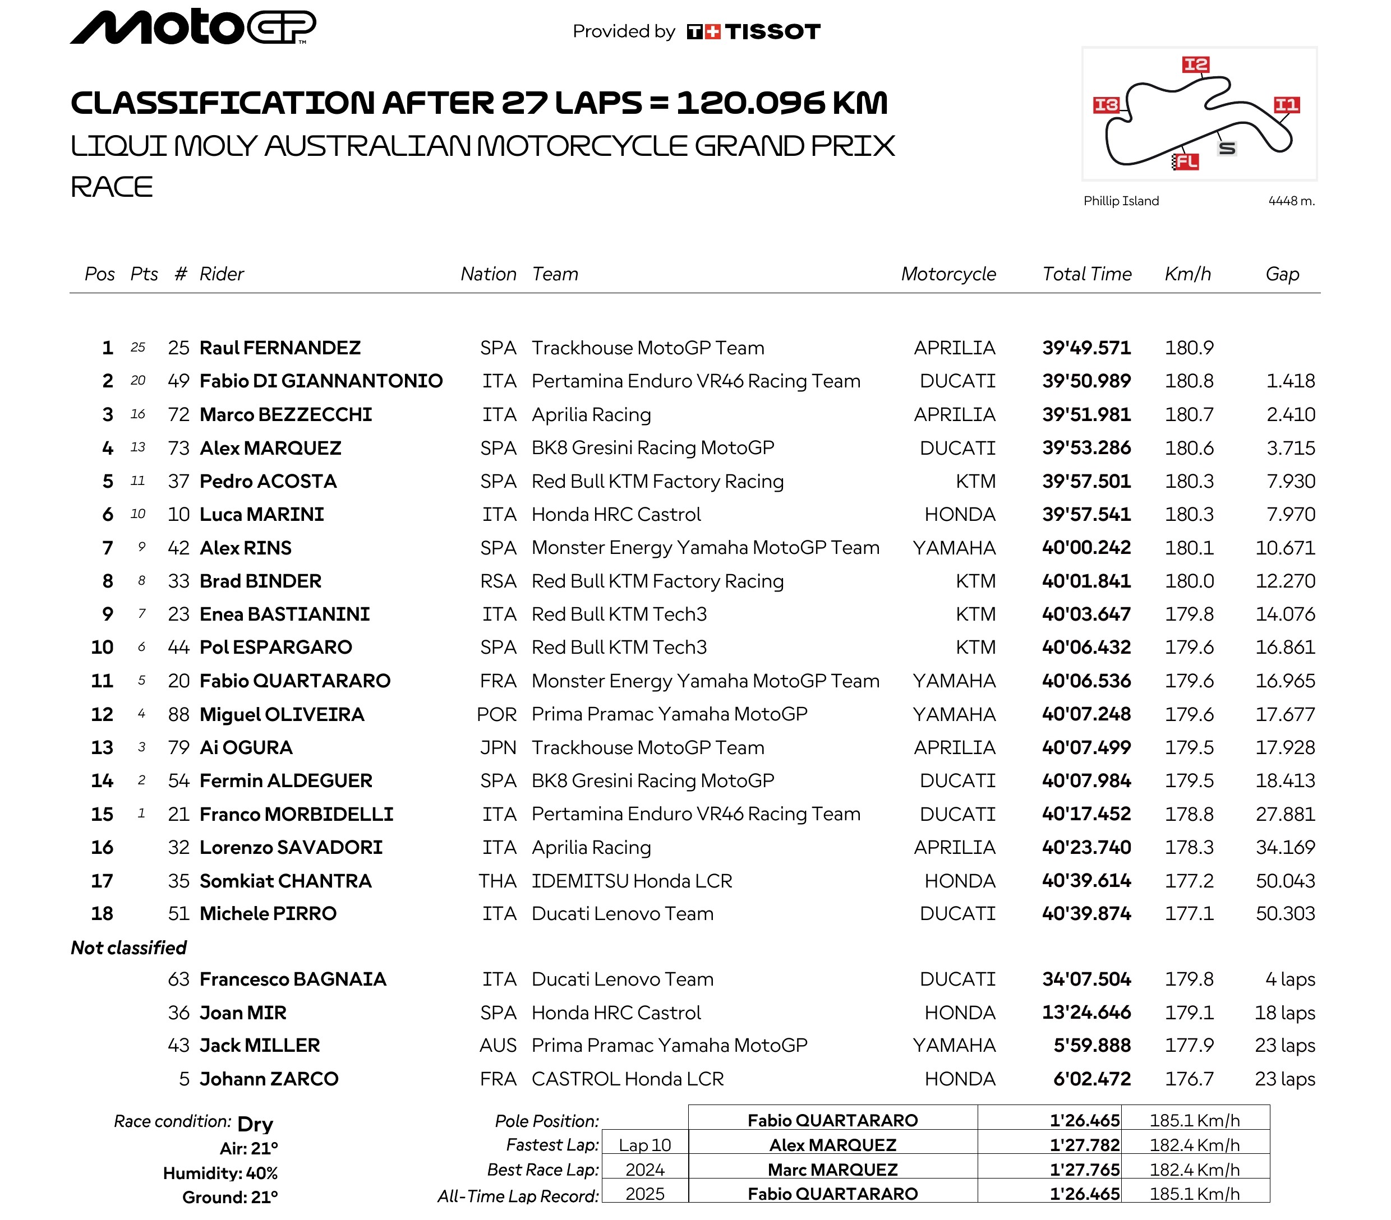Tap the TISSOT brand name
pos(772,31)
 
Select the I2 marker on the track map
pos(1195,64)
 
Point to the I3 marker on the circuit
pos(1106,105)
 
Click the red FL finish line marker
pos(1186,161)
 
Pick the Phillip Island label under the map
pos(1121,201)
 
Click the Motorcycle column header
pos(948,274)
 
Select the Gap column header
pos(1282,274)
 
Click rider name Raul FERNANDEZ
pos(280,348)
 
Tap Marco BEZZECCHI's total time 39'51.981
pos(1086,414)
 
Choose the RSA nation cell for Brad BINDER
pos(498,581)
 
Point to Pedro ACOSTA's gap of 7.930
pos(1290,481)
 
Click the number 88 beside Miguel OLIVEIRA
pos(178,714)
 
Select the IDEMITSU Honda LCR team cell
pos(632,881)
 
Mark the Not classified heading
pos(128,948)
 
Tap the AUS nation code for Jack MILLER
pos(498,1045)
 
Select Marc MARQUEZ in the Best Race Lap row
pos(832,1170)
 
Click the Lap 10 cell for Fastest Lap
pos(644,1145)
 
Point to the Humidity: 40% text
pos(220,1173)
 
